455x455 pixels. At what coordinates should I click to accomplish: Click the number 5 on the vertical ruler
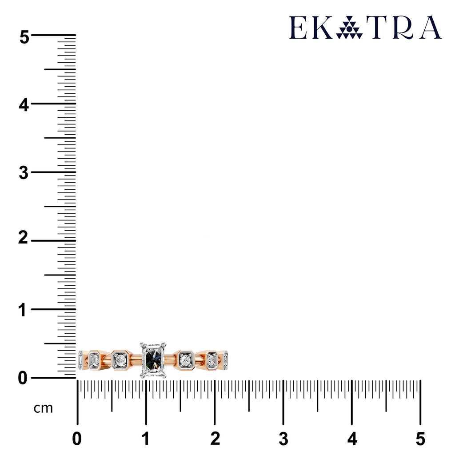point(24,37)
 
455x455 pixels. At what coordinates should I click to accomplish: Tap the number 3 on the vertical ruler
point(24,173)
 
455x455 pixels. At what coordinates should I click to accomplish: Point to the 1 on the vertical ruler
point(22,310)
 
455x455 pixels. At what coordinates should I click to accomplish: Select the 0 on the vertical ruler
point(23,379)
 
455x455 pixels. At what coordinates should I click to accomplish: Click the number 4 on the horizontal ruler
point(352,439)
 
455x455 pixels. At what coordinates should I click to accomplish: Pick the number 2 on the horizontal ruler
point(215,439)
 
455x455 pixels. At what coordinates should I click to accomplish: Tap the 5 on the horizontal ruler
point(420,439)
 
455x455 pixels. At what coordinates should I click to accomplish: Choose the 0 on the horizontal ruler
point(77,439)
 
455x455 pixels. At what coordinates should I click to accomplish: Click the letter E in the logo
point(298,27)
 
